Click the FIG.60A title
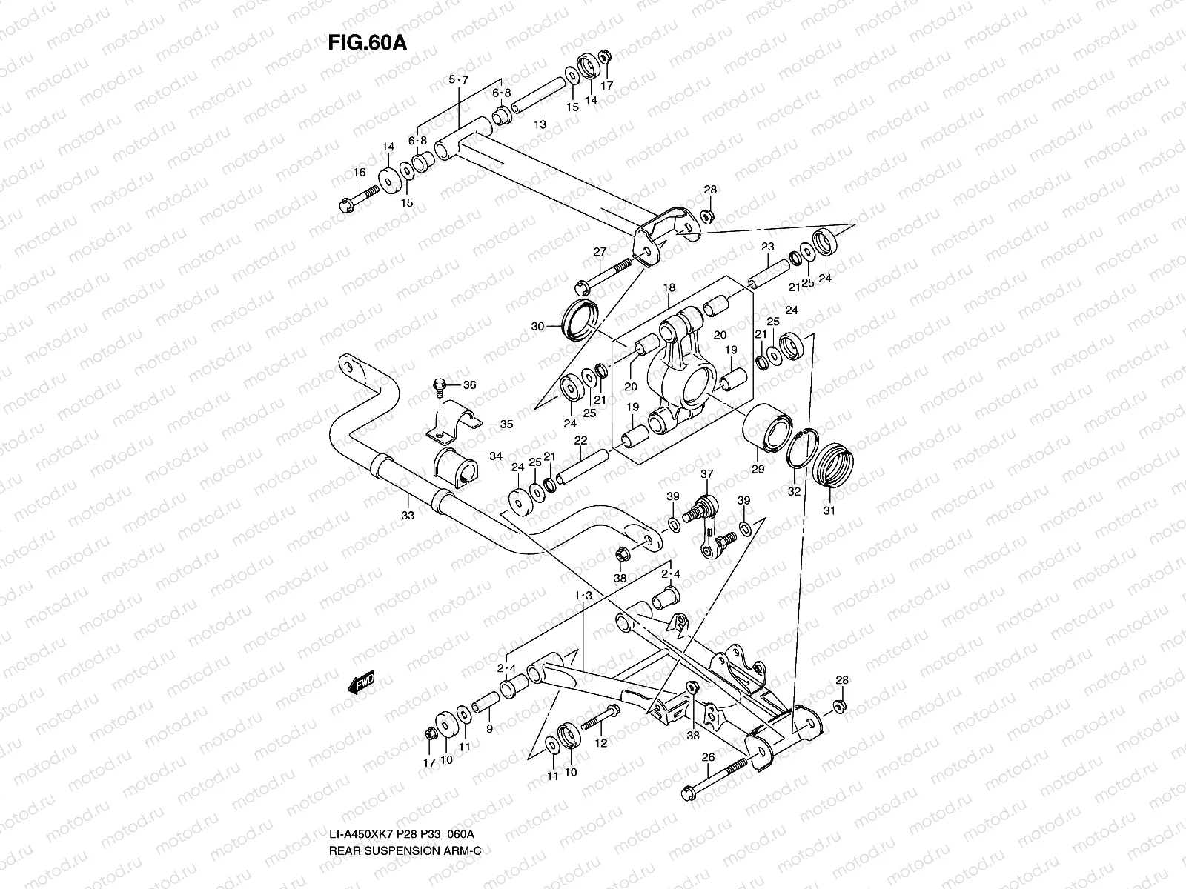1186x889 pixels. (367, 43)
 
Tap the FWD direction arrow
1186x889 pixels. (361, 682)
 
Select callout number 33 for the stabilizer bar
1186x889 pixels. (408, 516)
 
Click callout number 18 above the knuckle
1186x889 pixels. (669, 287)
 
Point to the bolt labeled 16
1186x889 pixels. (360, 198)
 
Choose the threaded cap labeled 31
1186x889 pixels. (833, 465)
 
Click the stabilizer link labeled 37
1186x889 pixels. (708, 527)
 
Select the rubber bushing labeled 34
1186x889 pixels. (455, 467)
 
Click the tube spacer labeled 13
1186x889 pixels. (539, 95)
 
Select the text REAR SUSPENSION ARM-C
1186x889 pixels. (405, 850)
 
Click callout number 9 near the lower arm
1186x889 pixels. (489, 728)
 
